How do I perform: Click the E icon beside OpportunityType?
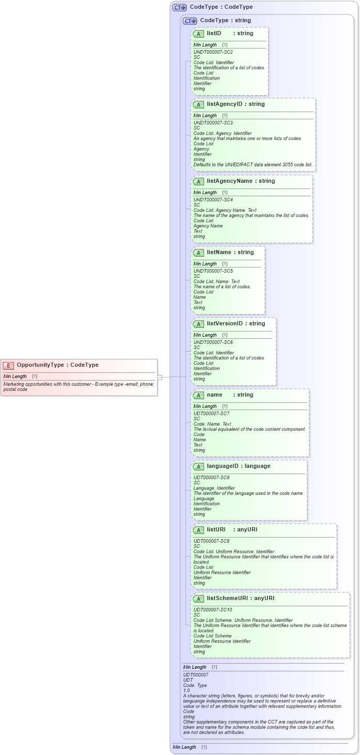coord(8,365)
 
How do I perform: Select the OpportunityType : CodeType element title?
coord(57,365)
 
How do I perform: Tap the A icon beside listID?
coord(198,34)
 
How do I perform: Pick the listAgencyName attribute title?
coord(241,181)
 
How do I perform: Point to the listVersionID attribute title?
coord(236,324)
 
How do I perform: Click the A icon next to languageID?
coord(198,466)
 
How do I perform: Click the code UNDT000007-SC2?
coord(213,52)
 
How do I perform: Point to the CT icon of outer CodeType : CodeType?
coord(180,8)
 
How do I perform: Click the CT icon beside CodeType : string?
coord(190,21)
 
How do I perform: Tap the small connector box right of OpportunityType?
coord(160,377)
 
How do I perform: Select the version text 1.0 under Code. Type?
coord(186,690)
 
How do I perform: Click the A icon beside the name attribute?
coord(198,395)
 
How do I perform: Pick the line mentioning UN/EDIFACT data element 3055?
coord(253,165)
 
